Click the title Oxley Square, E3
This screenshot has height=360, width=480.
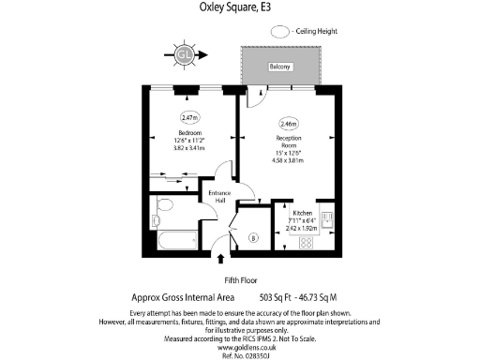pyautogui.click(x=239, y=7)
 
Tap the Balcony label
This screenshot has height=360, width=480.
pyautogui.click(x=280, y=67)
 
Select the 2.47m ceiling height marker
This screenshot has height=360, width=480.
pyautogui.click(x=191, y=118)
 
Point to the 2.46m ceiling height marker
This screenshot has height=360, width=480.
pyautogui.click(x=288, y=123)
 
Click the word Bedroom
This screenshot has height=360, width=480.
pyautogui.click(x=191, y=133)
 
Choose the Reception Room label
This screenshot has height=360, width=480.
pyautogui.click(x=288, y=142)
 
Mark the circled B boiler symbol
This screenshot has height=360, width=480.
pyautogui.click(x=252, y=238)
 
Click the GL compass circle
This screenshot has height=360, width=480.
pyautogui.click(x=186, y=55)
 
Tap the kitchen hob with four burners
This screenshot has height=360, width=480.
pyautogui.click(x=306, y=243)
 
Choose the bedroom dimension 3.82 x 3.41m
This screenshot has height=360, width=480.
pyautogui.click(x=191, y=148)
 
